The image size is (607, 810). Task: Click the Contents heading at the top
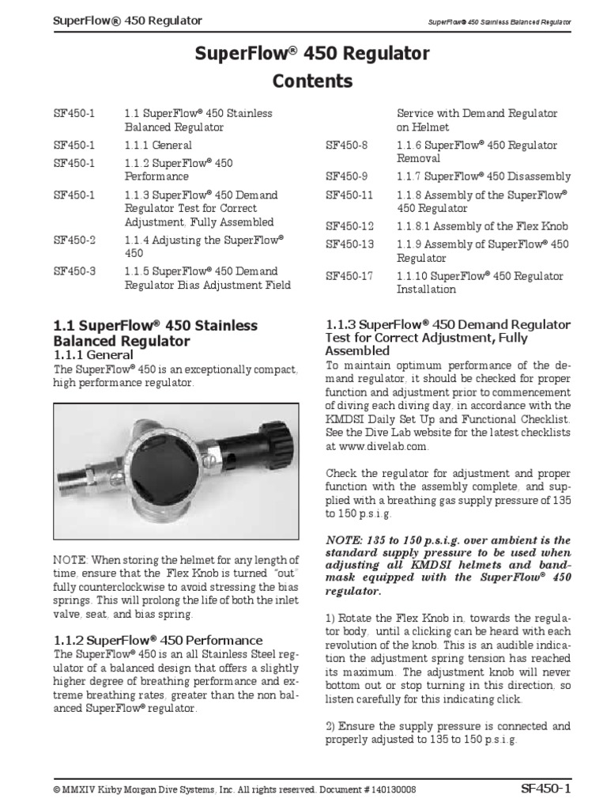(312, 81)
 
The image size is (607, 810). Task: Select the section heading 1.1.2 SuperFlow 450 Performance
(157, 640)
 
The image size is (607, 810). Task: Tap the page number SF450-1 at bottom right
(546, 788)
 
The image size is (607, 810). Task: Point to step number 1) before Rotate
(330, 618)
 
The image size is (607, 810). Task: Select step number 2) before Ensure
(330, 725)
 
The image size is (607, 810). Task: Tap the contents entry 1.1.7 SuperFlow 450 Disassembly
(483, 177)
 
